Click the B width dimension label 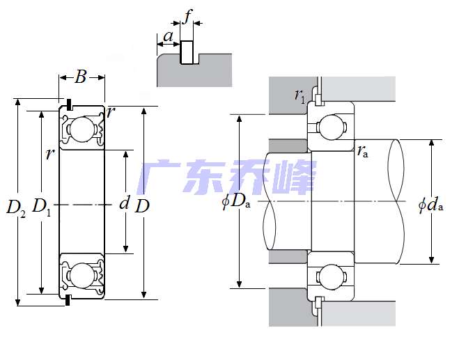[x=81, y=77]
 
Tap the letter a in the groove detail [x=168, y=36]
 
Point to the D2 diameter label [x=16, y=207]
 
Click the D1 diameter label [x=42, y=206]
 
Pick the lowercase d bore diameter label [x=125, y=203]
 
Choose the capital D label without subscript [x=141, y=206]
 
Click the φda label [x=431, y=205]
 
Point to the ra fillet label [x=363, y=151]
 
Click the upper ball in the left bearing [x=83, y=129]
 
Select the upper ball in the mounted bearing [x=331, y=127]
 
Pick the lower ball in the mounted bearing [x=331, y=276]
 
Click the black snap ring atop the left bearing [x=70, y=104]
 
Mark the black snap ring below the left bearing [x=69, y=301]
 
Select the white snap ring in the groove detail [x=187, y=52]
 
